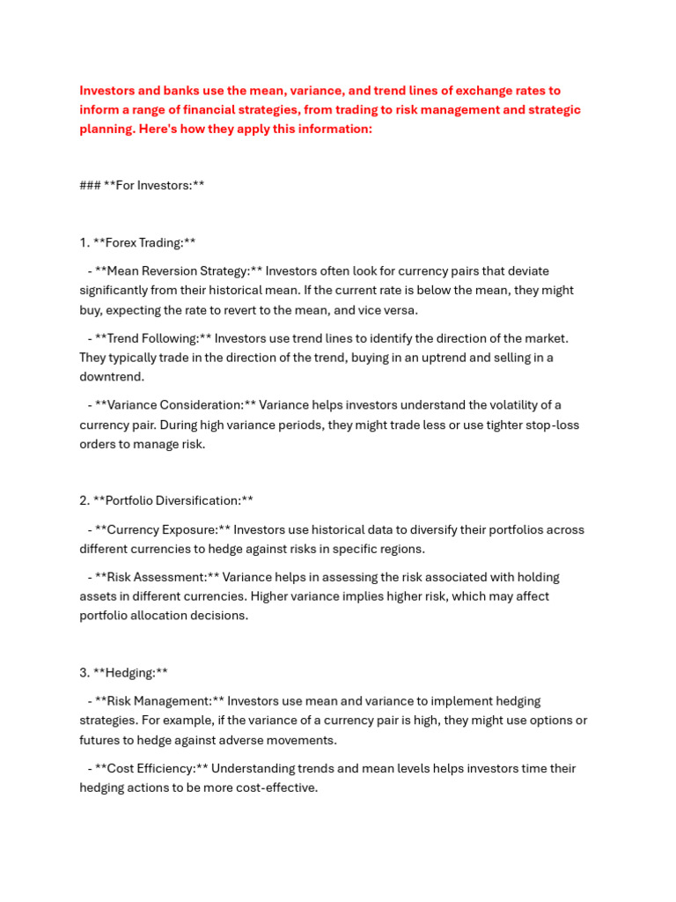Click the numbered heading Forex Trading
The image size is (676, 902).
point(144,243)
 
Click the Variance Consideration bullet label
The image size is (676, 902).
point(175,405)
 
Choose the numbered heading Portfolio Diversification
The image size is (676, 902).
point(173,500)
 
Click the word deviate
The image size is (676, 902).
point(527,271)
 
